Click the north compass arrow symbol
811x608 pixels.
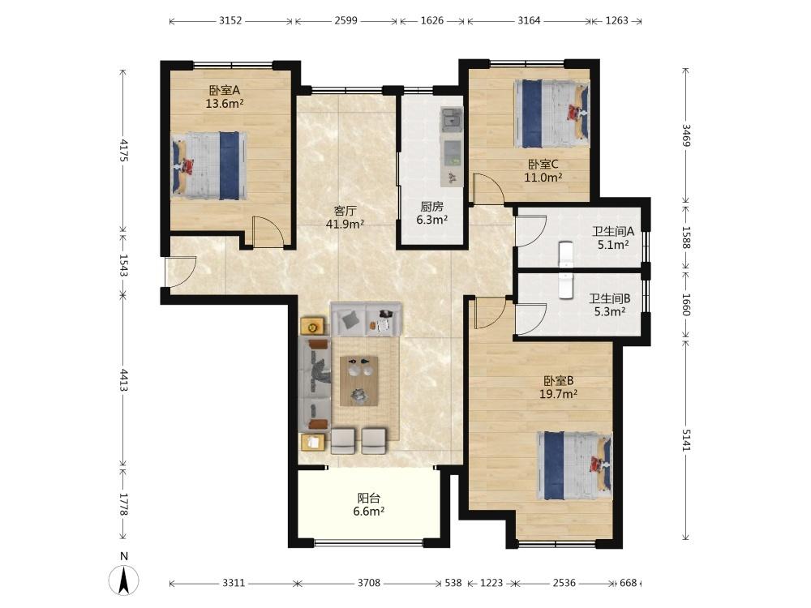click(x=123, y=580)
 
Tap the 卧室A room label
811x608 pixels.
click(x=225, y=90)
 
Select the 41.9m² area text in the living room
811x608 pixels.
click(x=345, y=224)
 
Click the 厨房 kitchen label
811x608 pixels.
click(x=432, y=207)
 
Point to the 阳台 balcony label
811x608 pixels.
click(x=369, y=499)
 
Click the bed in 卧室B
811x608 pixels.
click(x=575, y=466)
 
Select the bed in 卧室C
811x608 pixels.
click(x=551, y=113)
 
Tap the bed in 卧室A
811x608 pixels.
click(x=209, y=165)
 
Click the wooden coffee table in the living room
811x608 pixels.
click(x=359, y=381)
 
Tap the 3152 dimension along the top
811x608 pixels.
click(x=230, y=21)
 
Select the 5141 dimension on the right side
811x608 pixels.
click(x=686, y=440)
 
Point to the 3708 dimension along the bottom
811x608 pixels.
click(x=369, y=583)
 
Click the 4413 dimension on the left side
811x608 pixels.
click(x=123, y=380)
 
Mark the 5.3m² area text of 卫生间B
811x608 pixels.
click(x=610, y=312)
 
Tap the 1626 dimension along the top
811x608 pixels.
click(x=432, y=21)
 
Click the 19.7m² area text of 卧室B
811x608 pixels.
click(x=558, y=394)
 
